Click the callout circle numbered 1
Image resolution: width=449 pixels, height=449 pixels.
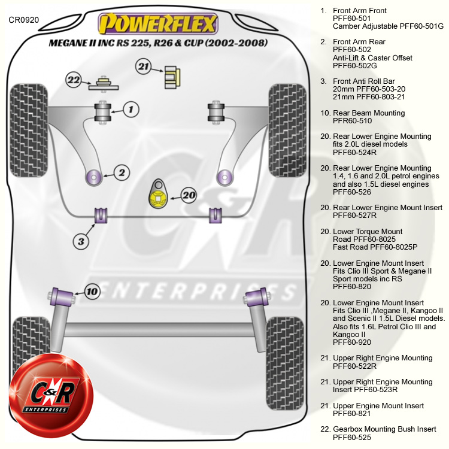coord(131,109)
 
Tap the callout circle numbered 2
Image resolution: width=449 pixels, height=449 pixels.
coord(121,173)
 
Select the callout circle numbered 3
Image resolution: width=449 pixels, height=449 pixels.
coord(81,241)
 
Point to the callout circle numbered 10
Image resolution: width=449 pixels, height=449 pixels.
coord(92,292)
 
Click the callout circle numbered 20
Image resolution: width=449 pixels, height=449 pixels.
coord(189,195)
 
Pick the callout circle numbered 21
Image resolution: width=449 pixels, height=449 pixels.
coord(143,66)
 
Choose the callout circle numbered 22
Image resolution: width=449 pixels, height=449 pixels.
coord(74,79)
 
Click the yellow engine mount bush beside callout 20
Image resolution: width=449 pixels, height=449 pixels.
coord(159,195)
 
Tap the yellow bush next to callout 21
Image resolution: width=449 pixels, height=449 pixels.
coord(173,75)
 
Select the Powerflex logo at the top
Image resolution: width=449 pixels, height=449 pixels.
coord(158,25)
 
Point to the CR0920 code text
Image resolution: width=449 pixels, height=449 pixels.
coord(24,20)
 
